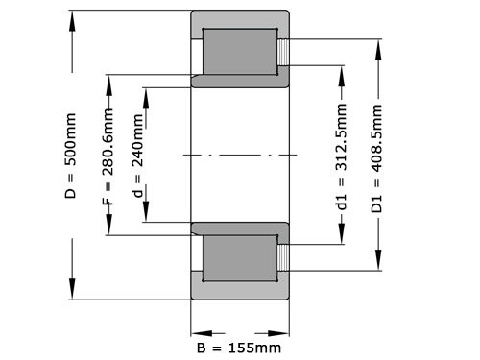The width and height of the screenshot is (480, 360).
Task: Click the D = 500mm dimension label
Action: pyautogui.click(x=70, y=154)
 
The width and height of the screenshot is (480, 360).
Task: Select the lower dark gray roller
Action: pyautogui.click(x=240, y=261)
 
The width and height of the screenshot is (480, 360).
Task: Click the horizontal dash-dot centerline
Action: pyautogui.click(x=240, y=156)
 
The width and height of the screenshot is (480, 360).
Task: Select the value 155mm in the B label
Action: pyautogui.click(x=254, y=346)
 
